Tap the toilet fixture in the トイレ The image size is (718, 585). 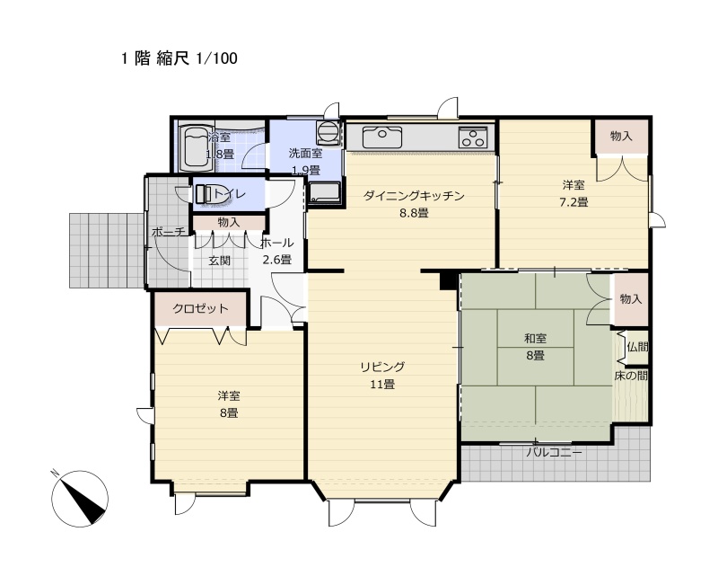click(206, 194)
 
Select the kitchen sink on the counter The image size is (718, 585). click(382, 137)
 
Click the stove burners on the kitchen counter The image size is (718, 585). click(474, 137)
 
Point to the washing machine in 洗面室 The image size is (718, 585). click(328, 130)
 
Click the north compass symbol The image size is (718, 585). click(80, 498)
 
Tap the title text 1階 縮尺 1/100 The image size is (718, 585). click(179, 58)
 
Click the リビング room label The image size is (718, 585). click(382, 367)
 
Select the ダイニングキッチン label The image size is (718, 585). click(414, 196)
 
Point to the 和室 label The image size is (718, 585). click(535, 339)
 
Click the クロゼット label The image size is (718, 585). click(200, 308)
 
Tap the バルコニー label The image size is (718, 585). click(554, 453)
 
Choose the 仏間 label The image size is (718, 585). click(637, 347)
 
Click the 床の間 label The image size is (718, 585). click(631, 376)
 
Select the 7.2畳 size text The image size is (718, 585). click(574, 201)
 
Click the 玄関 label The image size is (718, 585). click(220, 261)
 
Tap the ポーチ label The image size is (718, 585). click(169, 232)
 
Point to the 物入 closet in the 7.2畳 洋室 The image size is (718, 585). click(621, 137)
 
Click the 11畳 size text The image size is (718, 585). click(382, 385)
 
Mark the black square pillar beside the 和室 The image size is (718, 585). click(449, 280)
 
